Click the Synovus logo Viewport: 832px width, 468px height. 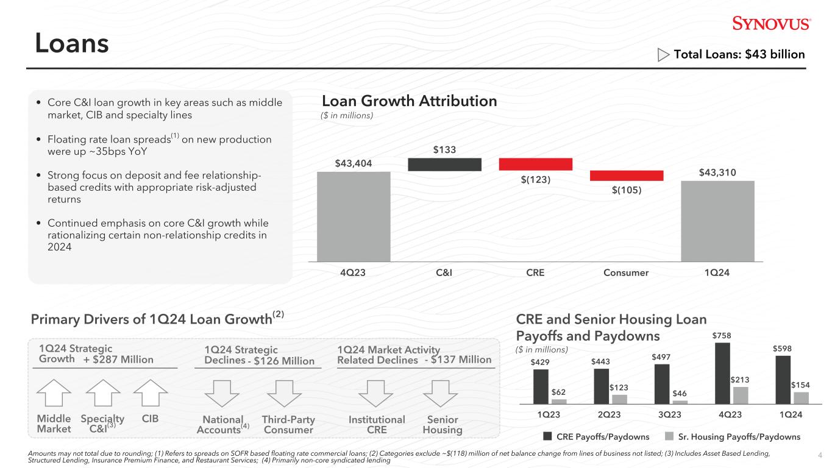click(771, 24)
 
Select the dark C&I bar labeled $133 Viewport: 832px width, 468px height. click(444, 165)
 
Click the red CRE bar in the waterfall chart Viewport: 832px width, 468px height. click(535, 164)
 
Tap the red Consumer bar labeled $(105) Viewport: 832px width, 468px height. click(626, 175)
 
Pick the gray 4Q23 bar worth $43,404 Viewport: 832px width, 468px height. click(354, 216)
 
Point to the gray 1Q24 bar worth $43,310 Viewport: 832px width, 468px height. click(717, 221)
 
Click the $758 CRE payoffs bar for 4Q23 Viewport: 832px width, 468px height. click(723, 373)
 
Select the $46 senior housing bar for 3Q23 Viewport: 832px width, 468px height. click(680, 402)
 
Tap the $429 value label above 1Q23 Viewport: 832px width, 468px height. click(541, 362)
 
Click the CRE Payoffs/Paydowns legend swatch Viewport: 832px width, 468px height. click(547, 436)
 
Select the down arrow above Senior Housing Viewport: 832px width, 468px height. click(440, 395)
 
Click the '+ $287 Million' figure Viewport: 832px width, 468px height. click(118, 360)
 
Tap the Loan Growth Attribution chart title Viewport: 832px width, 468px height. click(409, 101)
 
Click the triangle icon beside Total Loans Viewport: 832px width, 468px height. click(664, 55)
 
